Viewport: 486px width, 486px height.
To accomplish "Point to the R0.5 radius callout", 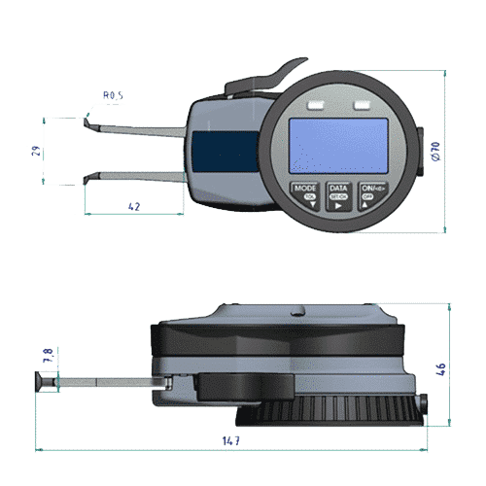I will point(113,96).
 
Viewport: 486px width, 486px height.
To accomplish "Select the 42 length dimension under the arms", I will point(134,206).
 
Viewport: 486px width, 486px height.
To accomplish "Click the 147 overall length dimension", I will point(230,441).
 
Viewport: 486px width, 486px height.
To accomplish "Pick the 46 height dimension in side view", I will point(440,369).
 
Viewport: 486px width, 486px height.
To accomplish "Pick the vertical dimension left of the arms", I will point(36,151).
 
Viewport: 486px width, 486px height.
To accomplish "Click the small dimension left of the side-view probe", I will point(42,358).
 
